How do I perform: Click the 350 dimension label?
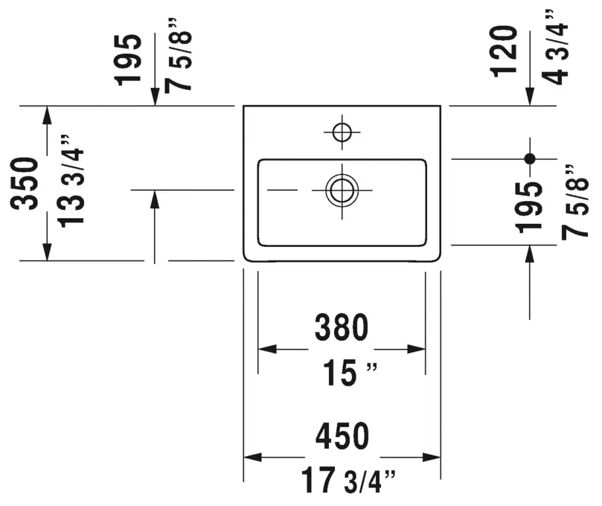pos(25,184)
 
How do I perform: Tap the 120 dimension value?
pos(504,51)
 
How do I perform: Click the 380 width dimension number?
pos(342,327)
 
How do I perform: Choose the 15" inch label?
pos(350,373)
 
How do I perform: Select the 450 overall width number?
pos(342,436)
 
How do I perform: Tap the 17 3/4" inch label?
pos(348,480)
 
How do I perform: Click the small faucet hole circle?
pos(342,132)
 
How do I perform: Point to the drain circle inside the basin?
pos(342,190)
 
